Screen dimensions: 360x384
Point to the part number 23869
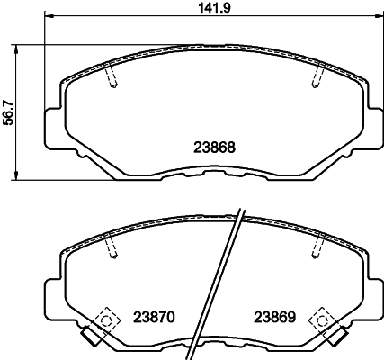[272, 317]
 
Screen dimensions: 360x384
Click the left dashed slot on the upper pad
[111, 78]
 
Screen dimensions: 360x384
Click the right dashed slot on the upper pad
[316, 78]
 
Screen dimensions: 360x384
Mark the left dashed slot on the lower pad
[111, 247]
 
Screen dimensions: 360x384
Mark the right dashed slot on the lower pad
[316, 247]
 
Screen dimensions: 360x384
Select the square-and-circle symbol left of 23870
[107, 318]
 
